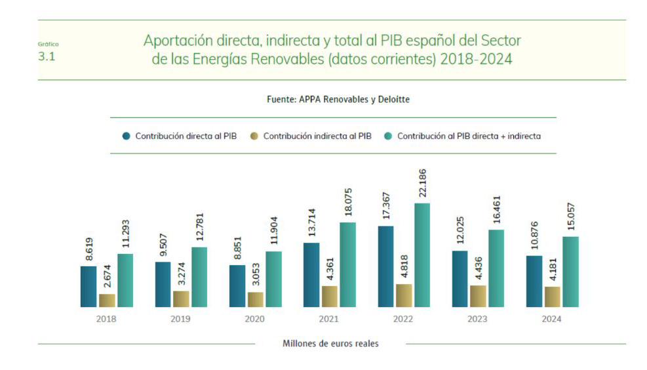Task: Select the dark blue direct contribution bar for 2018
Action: [x=88, y=286]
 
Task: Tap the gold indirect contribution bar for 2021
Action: [x=330, y=296]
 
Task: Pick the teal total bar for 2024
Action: [x=570, y=271]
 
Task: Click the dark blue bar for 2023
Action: [x=460, y=278]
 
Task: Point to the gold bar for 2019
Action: [x=181, y=298]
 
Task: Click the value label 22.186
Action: [x=423, y=183]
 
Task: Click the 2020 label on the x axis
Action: [x=255, y=319]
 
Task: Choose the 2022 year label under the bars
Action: [x=404, y=319]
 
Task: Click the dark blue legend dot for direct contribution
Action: [x=126, y=136]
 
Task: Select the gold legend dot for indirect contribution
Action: [x=254, y=136]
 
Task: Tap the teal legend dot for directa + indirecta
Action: [x=387, y=136]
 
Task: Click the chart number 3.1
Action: [x=47, y=56]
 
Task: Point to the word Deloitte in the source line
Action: [x=391, y=100]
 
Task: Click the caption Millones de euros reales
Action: [x=330, y=343]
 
